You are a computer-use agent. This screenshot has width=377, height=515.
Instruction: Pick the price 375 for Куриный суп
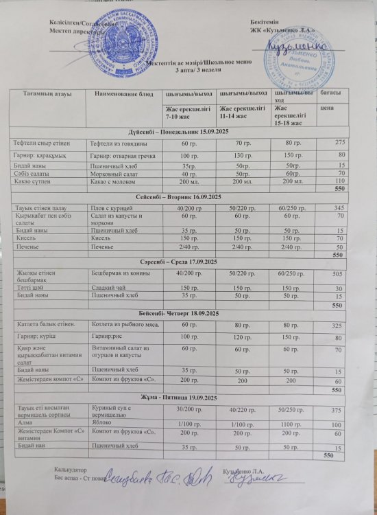tap(336, 411)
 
